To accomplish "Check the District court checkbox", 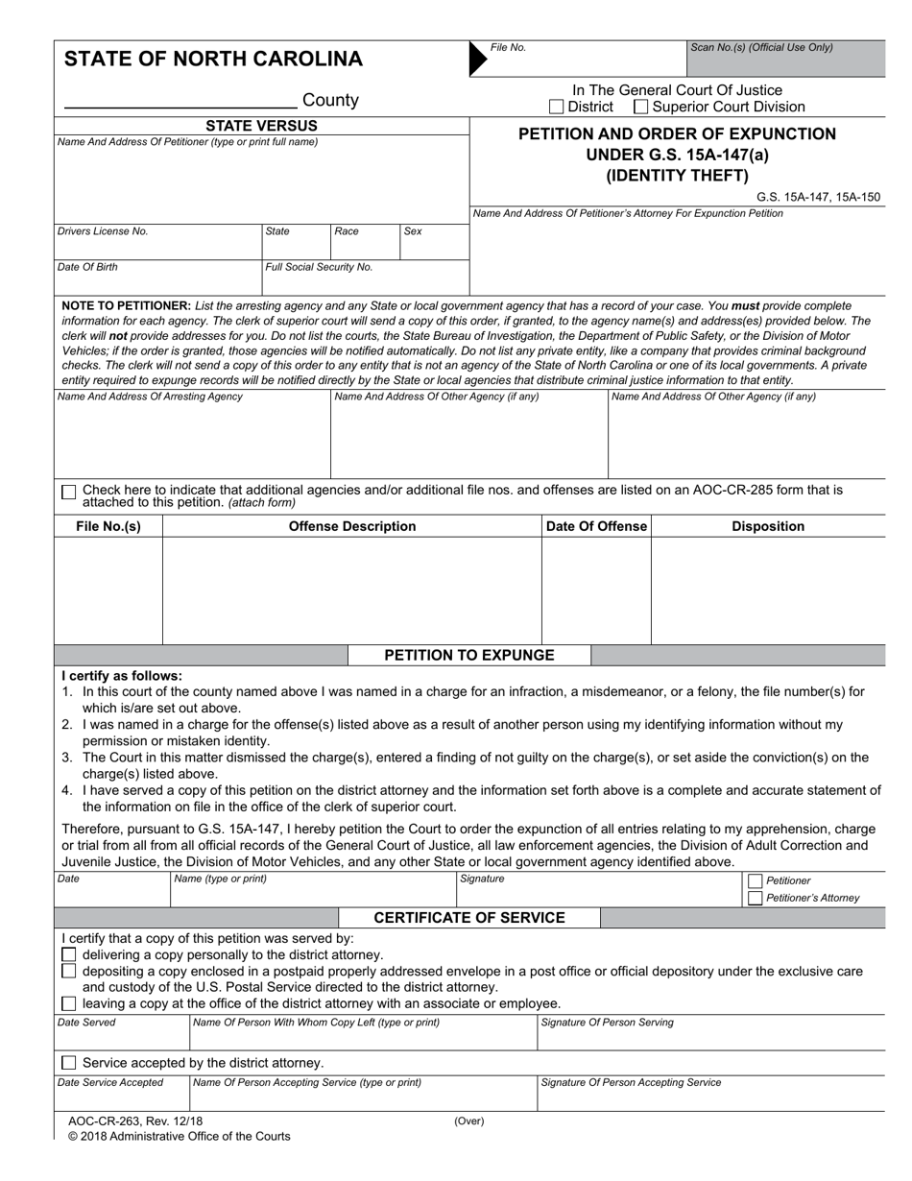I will point(556,108).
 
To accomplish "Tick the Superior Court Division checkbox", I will point(641,108).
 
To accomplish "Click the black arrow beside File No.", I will point(477,59).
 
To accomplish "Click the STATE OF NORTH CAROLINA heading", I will point(213,60).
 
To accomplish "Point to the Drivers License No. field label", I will point(103,231).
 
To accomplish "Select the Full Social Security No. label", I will point(319,267).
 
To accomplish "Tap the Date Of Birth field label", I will point(88,267).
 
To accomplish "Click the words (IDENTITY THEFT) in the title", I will point(677,175).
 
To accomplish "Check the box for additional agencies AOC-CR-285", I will point(68,492).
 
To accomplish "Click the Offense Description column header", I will point(352,526).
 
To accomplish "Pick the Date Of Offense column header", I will point(596,526).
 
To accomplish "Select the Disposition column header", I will point(768,526).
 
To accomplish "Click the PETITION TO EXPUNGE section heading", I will point(469,656).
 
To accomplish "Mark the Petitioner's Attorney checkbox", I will point(755,898).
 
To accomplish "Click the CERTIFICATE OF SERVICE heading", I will point(469,918).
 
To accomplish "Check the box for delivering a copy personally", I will point(68,954).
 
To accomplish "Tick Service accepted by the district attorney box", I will point(68,1063).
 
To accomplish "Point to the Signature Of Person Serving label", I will point(607,1023).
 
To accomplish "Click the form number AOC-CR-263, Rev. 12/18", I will point(135,1121).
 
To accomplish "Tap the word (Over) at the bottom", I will point(469,1121).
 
